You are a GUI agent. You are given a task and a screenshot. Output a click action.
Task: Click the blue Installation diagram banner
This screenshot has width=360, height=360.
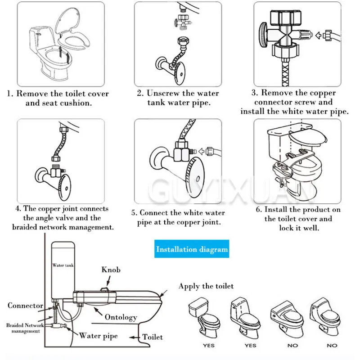tap(192, 249)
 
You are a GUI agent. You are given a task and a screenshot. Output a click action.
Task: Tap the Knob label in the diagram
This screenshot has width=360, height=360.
tap(111, 270)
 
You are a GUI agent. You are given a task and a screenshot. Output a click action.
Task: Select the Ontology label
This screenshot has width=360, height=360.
tap(121, 317)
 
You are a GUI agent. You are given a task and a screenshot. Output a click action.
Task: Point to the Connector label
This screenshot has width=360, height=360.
tap(25, 306)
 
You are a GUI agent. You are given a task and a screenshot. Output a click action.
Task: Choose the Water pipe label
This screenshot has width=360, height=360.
tap(99, 335)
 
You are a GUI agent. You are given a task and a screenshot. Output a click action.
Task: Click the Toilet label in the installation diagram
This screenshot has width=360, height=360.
tap(153, 337)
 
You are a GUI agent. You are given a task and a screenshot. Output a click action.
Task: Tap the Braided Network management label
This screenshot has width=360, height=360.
tap(25, 328)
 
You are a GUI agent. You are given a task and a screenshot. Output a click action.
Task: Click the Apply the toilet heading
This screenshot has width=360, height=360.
tap(206, 286)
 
